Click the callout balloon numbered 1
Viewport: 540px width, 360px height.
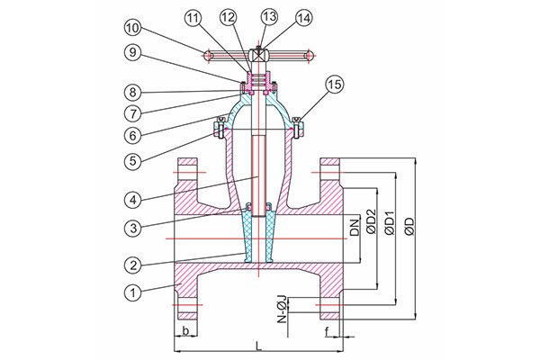(x=133, y=292)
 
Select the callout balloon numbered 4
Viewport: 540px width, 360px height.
(x=133, y=200)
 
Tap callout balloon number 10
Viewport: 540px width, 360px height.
(x=133, y=29)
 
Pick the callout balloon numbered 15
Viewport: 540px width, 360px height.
(x=335, y=84)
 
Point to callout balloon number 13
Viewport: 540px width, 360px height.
(x=269, y=16)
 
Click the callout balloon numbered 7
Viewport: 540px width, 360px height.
(x=133, y=113)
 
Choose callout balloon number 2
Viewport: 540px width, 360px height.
(x=133, y=265)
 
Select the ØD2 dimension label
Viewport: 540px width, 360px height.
(x=371, y=221)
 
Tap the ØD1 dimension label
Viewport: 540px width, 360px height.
(x=390, y=222)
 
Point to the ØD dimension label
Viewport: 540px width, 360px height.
(x=409, y=226)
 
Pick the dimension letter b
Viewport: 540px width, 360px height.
(x=186, y=331)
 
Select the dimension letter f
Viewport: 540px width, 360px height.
(x=327, y=331)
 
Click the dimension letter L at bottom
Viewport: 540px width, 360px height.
(x=258, y=346)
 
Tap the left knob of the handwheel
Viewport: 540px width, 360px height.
(x=208, y=55)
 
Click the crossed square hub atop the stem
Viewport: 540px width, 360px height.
(x=258, y=55)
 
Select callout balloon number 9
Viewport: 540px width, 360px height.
(x=133, y=52)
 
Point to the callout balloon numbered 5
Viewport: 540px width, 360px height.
(x=133, y=160)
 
